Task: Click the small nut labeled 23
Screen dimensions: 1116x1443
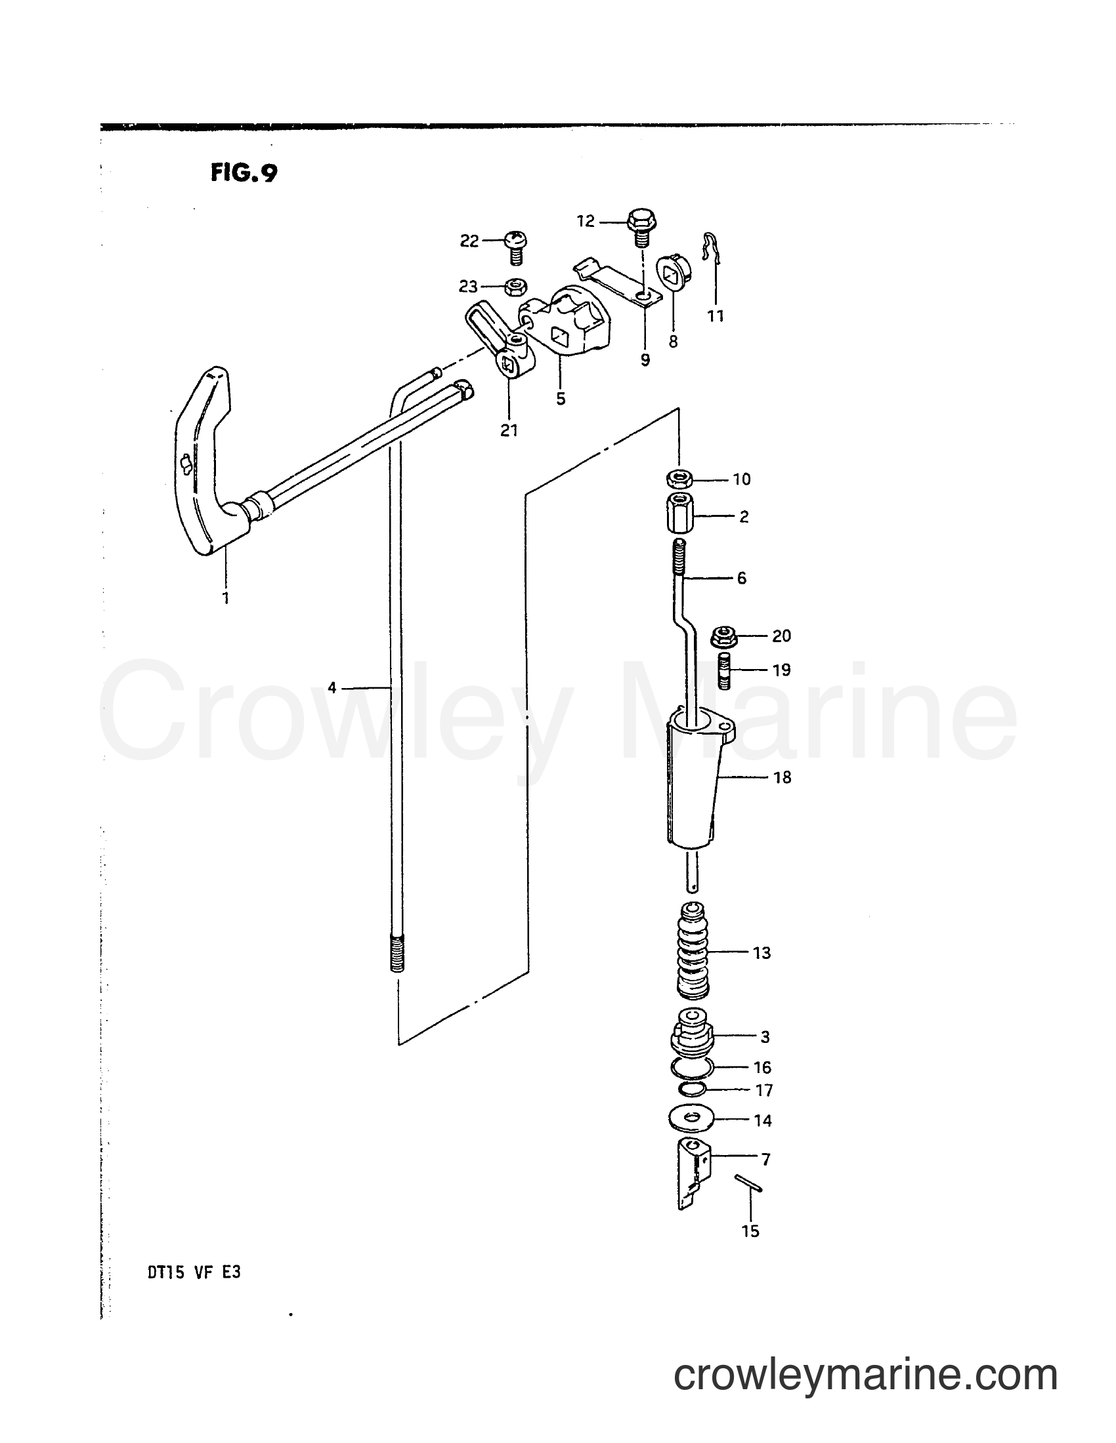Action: tap(515, 287)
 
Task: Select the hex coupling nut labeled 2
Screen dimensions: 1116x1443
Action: tap(679, 513)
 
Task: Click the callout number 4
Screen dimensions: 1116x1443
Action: tap(332, 689)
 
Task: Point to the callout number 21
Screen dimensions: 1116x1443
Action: tap(509, 430)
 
